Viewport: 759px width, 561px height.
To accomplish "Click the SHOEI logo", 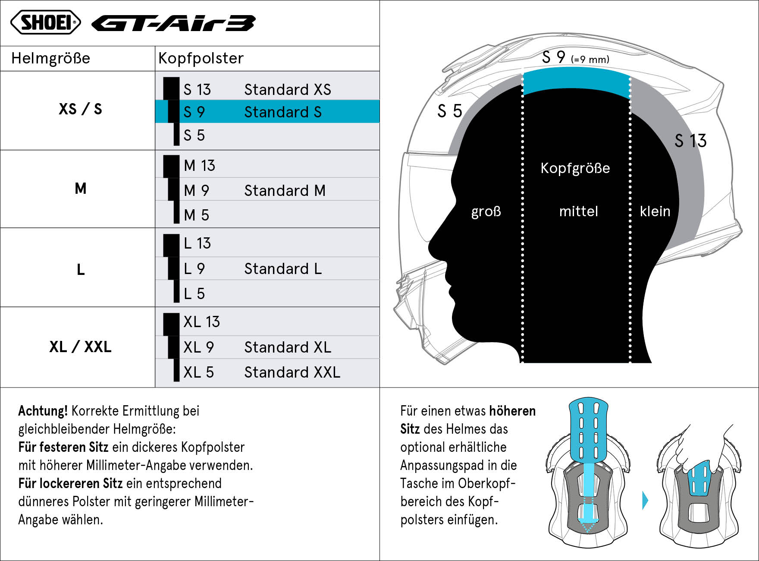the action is (46, 22).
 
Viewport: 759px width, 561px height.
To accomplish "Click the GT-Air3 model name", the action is (173, 23).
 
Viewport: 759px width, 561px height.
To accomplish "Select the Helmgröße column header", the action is (51, 58).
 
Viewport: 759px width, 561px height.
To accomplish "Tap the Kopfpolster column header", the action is (201, 58).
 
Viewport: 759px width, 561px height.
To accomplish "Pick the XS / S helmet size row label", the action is (80, 109).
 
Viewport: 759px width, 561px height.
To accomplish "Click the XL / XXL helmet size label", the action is (80, 347).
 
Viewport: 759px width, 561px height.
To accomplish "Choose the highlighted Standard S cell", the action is (267, 112).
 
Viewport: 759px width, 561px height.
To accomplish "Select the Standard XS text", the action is (288, 89).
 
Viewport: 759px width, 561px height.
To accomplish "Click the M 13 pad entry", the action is (199, 165).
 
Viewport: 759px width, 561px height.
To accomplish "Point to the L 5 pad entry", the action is (194, 293).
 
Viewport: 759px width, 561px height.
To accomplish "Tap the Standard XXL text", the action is (292, 372).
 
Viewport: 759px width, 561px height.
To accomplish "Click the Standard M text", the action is (285, 190).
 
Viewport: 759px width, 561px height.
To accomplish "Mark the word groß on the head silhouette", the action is (486, 211).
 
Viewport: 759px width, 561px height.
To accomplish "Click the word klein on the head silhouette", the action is (655, 211).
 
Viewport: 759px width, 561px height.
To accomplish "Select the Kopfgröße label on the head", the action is (575, 168).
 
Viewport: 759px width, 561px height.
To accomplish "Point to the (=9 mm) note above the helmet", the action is (590, 60).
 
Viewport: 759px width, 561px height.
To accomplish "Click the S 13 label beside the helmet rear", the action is (690, 141).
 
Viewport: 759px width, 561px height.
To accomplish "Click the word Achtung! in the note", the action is (43, 411).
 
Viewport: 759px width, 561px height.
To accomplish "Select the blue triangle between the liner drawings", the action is (645, 500).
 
